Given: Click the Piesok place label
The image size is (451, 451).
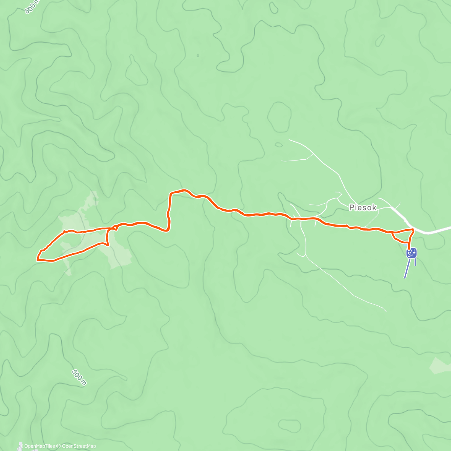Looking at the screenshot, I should tap(363, 207).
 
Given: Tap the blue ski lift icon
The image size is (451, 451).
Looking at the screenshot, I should tap(412, 253).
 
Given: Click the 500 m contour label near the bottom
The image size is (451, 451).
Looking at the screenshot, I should tap(79, 377).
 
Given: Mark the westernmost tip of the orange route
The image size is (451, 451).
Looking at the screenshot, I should tap(37, 259).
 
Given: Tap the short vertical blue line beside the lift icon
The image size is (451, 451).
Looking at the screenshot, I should tap(415, 262).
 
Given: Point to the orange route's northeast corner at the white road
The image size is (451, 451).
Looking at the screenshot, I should tap(413, 229).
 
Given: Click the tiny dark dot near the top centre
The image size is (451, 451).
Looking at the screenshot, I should tap(198, 56).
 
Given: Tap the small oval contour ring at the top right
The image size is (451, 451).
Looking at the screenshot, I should tap(380, 40).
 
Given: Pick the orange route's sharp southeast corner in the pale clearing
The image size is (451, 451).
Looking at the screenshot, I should tap(108, 245).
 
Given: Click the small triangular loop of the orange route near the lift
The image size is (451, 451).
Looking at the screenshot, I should tap(401, 236).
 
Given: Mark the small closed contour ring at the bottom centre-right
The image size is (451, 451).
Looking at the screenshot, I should tap(289, 425).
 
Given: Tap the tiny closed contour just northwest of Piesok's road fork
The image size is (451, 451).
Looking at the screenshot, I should tap(278, 144).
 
